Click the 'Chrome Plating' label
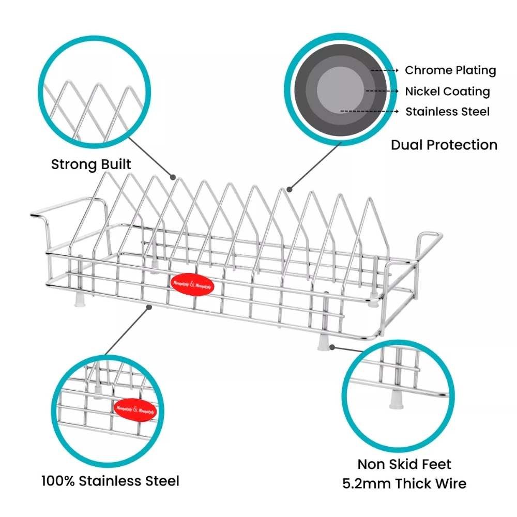[450, 70]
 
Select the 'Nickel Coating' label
[447, 92]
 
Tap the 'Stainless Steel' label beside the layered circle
[447, 112]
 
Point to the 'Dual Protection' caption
[444, 145]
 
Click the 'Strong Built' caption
[91, 165]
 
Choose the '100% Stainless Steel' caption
[110, 481]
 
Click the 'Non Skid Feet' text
[404, 464]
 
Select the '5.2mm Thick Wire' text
[404, 484]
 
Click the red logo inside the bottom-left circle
[134, 408]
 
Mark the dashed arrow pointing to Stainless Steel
[369, 111]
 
